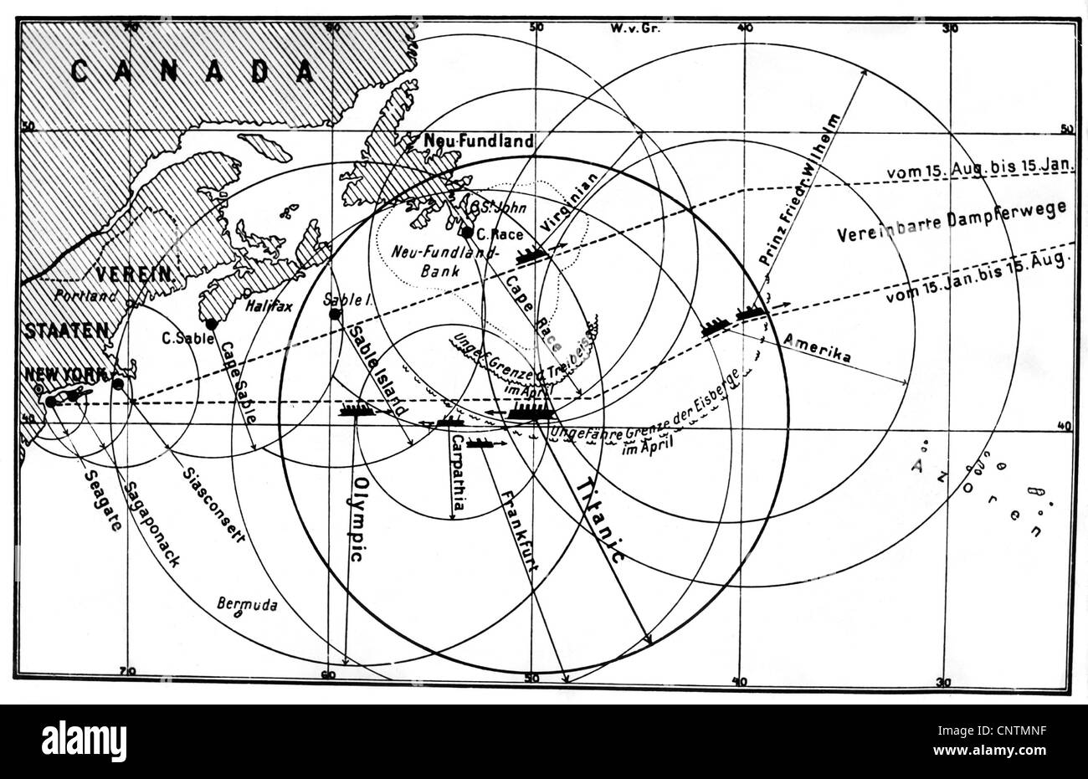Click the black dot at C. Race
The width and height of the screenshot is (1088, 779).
click(467, 232)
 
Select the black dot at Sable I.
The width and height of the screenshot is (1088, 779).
click(335, 314)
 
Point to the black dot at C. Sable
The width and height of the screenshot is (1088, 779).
click(211, 324)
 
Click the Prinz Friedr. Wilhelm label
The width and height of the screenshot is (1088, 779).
click(798, 190)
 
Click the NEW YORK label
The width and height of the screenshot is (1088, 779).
click(67, 374)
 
